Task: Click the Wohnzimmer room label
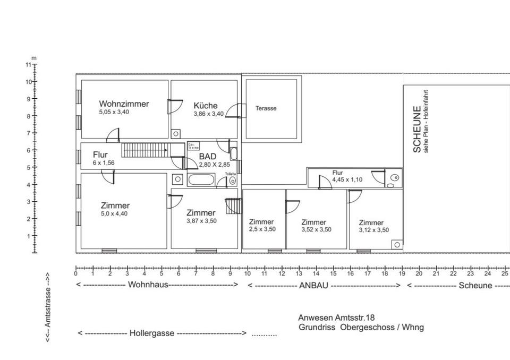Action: point(124,104)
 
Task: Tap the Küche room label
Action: point(206,105)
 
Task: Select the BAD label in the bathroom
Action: point(208,156)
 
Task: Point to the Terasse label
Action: point(266,108)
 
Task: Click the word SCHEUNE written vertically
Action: point(417,130)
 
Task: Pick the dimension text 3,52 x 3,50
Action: point(316,230)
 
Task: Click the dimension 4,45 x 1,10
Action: point(347,179)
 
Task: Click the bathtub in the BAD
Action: point(201,181)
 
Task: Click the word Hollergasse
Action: point(152,333)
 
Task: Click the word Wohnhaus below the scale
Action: point(148,285)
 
